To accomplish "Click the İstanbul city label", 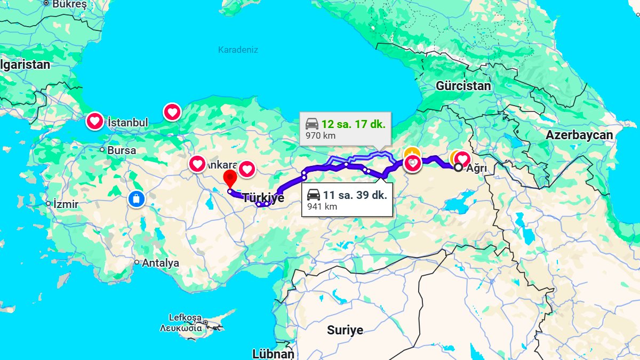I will click(127, 123).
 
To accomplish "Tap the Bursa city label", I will click(122, 150).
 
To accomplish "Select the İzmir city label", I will click(66, 204).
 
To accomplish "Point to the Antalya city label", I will click(161, 262).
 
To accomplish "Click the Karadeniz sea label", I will click(238, 50).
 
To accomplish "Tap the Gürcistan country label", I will click(463, 85).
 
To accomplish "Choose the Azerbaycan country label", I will click(579, 135).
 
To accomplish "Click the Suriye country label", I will click(345, 330).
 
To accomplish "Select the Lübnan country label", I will click(273, 354).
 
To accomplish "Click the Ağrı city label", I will click(476, 167).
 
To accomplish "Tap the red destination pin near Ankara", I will click(230, 178).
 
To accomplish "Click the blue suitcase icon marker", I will click(136, 199).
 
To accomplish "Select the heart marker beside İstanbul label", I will click(95, 122).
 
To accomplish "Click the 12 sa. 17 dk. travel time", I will click(353, 124).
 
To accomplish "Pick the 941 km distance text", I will click(322, 206).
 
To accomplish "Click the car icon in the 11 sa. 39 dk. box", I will click(314, 195).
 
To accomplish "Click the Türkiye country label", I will click(263, 198).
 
